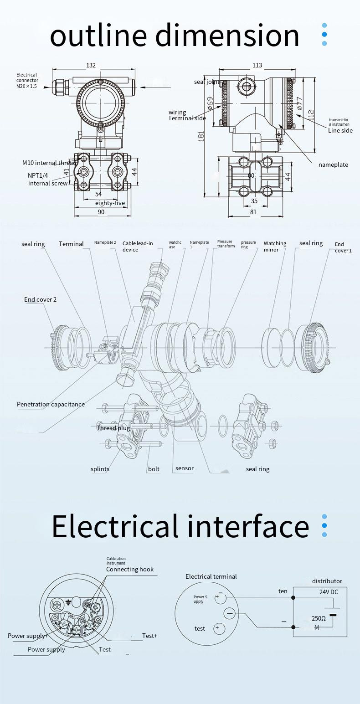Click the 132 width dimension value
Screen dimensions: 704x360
coord(91,65)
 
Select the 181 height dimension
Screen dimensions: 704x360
coord(201,135)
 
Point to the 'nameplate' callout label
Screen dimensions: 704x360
coord(333,164)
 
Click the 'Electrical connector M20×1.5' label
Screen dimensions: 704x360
coord(27,80)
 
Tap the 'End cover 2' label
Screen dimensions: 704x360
coord(41,299)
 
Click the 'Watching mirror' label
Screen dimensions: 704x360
coord(275,247)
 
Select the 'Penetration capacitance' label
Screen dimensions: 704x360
coord(51,404)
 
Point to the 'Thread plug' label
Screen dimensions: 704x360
coord(113,428)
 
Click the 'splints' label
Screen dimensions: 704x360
coord(100,469)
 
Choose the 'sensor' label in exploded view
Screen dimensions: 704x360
coord(185,468)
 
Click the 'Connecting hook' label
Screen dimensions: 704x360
coord(130,569)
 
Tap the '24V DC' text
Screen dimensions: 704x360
coord(329,592)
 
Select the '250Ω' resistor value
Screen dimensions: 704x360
coord(319,618)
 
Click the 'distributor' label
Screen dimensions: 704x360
coord(327,581)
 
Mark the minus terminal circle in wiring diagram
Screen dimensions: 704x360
coord(230,614)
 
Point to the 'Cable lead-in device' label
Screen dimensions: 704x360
coord(138,247)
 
